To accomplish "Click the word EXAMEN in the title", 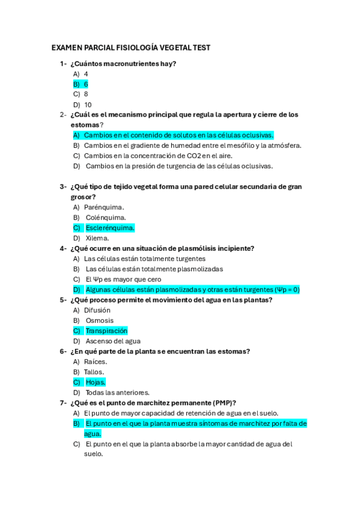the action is point(67,48).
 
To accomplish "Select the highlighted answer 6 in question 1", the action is point(86,84).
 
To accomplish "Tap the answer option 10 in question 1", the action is point(88,105).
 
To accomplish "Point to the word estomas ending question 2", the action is point(85,124).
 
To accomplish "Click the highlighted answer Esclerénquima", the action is point(110,228).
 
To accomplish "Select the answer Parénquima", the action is point(104,207).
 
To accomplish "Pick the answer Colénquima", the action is point(106,218).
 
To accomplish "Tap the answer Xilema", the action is point(97,238).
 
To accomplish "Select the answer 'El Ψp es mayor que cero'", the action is point(123,279).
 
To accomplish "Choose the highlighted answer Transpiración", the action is point(106,331).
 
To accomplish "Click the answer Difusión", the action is point(97,310).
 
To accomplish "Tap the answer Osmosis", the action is point(100,321).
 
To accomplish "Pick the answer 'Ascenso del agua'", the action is point(113,341).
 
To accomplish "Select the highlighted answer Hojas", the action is point(96,382).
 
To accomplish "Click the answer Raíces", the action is point(96,361).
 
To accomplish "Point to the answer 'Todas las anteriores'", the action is point(118,392).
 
